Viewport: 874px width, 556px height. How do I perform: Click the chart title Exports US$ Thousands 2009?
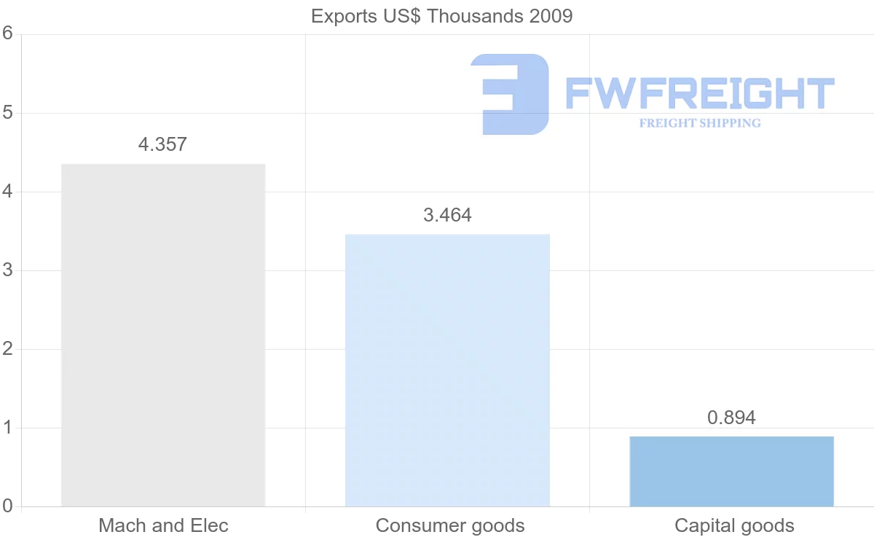(441, 16)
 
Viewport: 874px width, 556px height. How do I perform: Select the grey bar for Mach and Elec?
(163, 335)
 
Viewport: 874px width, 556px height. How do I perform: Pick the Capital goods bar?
(731, 471)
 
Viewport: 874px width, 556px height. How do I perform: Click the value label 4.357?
(162, 144)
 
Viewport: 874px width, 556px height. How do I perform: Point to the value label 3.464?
(447, 215)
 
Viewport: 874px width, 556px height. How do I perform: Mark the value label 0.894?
(731, 418)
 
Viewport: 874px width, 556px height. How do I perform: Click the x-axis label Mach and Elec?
(163, 525)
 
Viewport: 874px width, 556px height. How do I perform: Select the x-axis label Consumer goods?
(450, 525)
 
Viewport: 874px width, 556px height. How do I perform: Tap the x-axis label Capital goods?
(734, 525)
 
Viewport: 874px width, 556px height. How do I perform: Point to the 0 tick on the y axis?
(8, 506)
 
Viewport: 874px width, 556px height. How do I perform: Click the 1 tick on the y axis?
(8, 428)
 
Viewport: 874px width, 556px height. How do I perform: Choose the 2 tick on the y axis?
(8, 349)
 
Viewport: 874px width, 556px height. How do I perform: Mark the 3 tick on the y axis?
(8, 270)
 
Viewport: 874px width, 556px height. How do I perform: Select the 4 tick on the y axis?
(8, 192)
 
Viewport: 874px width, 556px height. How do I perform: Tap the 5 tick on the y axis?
(8, 113)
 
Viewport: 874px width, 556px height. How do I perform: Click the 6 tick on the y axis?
(8, 34)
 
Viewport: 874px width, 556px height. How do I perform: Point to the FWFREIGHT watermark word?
(699, 93)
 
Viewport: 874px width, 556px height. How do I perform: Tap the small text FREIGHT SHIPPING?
(700, 123)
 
